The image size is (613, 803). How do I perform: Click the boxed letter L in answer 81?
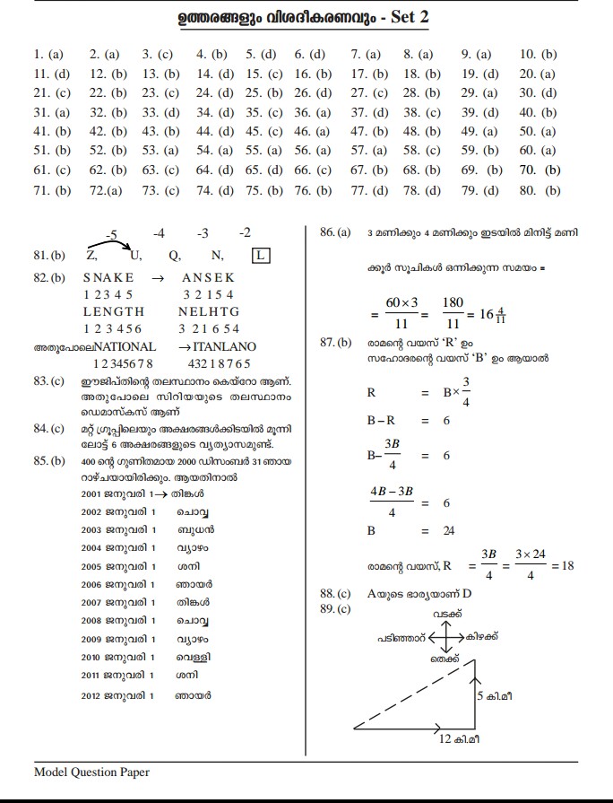point(261,256)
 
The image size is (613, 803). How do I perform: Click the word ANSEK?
point(208,278)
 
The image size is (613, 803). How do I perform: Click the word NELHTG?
point(209,311)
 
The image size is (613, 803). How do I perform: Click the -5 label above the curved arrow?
point(112,235)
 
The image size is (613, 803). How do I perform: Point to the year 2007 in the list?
point(92,603)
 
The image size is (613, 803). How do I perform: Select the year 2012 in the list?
point(92,694)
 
